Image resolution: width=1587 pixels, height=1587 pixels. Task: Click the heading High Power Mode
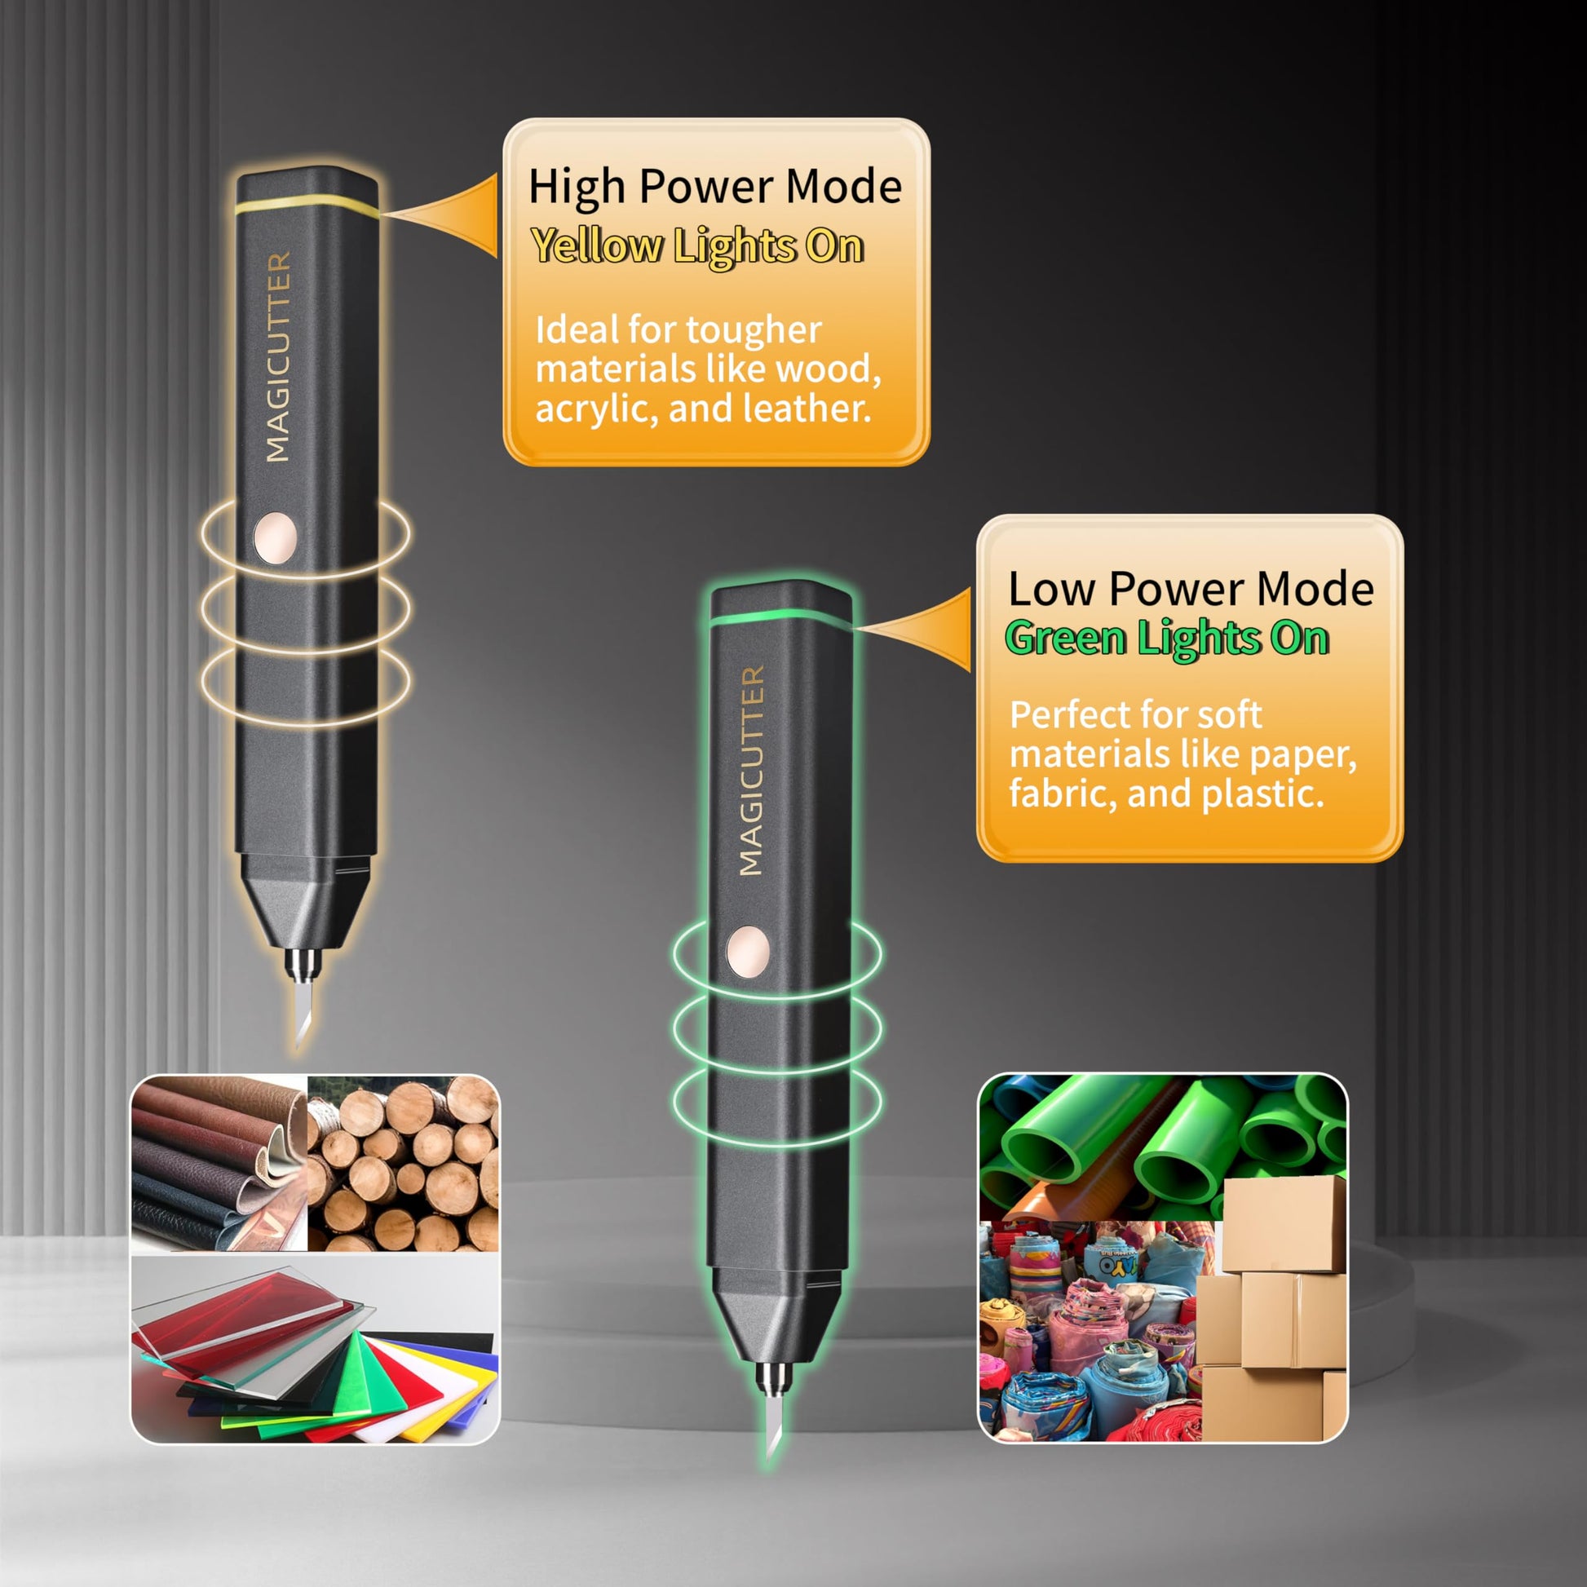tap(714, 187)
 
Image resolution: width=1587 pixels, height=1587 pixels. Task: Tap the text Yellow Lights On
tap(697, 245)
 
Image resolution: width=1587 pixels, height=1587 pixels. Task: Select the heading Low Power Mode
tap(1191, 589)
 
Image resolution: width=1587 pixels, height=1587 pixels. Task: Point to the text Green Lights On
tap(1167, 638)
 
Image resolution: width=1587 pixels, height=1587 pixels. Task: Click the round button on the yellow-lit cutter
tap(275, 538)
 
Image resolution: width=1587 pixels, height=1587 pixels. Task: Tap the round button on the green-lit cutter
tap(749, 952)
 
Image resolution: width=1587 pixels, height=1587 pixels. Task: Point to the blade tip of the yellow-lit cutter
tap(298, 1045)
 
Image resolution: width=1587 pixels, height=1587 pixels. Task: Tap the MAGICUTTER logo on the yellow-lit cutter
tap(278, 356)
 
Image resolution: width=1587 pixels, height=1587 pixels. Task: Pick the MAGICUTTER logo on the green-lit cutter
tap(753, 771)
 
